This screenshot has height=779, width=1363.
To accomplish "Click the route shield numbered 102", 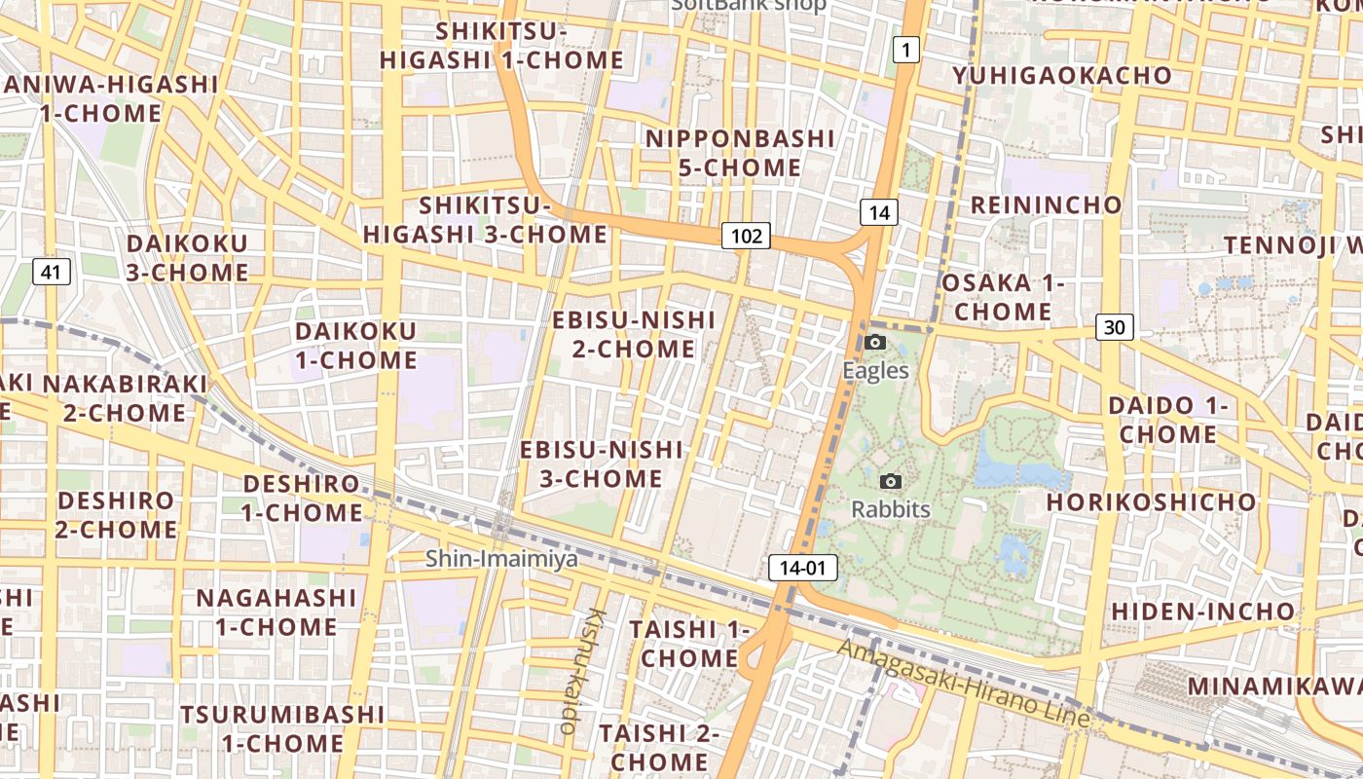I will (x=746, y=236).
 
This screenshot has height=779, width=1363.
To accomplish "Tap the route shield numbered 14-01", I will (x=803, y=568).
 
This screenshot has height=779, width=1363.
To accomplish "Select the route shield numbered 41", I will (x=51, y=272).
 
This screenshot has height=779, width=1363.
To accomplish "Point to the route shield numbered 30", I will (x=1114, y=327).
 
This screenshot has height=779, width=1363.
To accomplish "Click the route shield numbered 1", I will (x=906, y=50).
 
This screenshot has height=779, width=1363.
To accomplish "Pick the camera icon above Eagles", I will (x=875, y=342).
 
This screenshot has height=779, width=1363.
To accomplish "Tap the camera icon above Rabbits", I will (x=890, y=481).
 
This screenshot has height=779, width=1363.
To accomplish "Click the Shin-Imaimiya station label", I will (x=501, y=559).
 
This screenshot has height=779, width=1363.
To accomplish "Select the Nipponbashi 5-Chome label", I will (x=740, y=153).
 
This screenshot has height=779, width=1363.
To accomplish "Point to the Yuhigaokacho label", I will (x=1062, y=76).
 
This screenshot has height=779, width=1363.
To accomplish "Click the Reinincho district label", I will (x=1047, y=205).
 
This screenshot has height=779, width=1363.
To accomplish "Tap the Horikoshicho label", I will (x=1151, y=502).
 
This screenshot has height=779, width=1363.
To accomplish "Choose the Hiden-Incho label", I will (x=1203, y=612).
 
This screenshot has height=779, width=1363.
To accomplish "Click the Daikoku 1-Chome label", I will (x=356, y=346).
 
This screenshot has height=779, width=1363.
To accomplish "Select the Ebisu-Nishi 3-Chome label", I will (x=602, y=464).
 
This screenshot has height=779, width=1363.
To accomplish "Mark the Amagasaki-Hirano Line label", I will (x=964, y=684).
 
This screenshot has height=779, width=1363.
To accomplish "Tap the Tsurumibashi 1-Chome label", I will (x=282, y=728).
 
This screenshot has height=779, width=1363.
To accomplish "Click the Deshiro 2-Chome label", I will (x=117, y=516).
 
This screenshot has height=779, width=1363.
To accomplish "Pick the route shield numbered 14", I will (x=878, y=212).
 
